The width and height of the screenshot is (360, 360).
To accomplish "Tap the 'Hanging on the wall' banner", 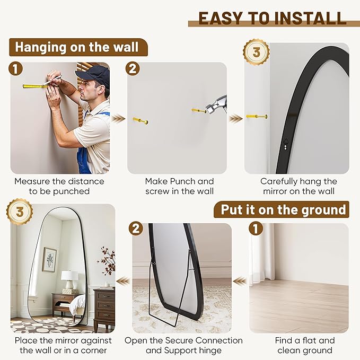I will [77, 47].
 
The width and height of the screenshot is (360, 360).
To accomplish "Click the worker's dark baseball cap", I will [95, 74].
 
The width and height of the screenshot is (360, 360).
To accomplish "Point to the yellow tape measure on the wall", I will [34, 85].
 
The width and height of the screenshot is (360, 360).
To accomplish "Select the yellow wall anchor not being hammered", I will [141, 120].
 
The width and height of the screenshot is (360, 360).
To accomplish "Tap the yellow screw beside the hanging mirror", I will [257, 116].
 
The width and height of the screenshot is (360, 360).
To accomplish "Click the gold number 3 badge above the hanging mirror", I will [256, 52].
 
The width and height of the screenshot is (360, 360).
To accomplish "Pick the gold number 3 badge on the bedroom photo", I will [20, 212].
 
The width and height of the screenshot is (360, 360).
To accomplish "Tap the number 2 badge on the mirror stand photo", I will [137, 229].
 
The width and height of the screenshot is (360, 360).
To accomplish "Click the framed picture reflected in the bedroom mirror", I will [49, 259].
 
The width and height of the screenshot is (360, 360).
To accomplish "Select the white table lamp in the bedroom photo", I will [69, 278].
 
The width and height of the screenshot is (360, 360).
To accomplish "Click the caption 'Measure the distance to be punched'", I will [59, 186].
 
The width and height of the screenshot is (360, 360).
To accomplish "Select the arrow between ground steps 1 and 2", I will [240, 280].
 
